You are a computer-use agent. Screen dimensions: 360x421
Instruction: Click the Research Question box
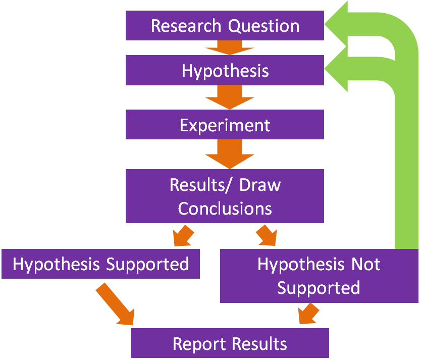click(225, 26)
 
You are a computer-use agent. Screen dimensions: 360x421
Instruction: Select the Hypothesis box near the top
click(225, 70)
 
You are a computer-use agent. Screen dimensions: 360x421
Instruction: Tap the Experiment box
click(225, 125)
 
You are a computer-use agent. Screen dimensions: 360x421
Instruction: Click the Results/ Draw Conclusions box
click(225, 196)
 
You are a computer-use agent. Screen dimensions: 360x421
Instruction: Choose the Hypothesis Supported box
click(100, 264)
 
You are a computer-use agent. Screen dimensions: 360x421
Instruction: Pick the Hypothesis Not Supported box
click(319, 276)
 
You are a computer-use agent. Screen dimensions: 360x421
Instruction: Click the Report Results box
click(230, 343)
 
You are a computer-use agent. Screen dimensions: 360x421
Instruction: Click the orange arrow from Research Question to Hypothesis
click(224, 47)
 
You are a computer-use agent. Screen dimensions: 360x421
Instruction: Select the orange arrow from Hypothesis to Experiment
click(225, 96)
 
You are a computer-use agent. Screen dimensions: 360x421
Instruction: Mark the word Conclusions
click(225, 208)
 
